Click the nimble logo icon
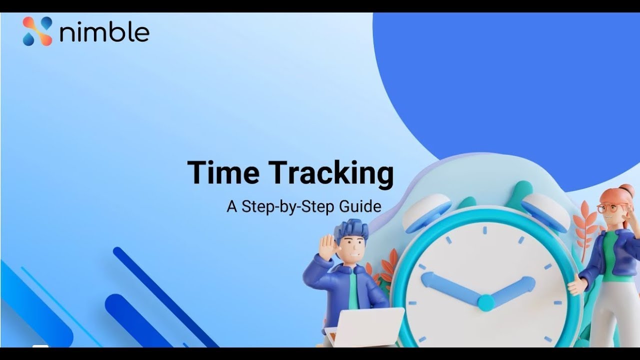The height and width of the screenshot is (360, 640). coord(37,31)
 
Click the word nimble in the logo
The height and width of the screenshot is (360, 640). coord(104,32)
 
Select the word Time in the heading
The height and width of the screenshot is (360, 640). coord(223,173)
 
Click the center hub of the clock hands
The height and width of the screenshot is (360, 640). coord(485,302)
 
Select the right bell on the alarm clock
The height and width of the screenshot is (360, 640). coord(545,210)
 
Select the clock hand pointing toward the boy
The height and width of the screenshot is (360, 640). coord(450,287)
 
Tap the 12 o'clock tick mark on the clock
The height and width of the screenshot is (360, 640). coord(484,230)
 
